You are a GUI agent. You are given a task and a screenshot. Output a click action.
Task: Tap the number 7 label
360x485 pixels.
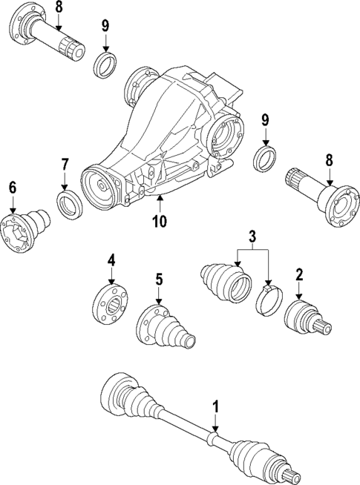(x=65, y=163)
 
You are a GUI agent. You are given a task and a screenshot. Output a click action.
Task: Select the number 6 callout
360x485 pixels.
(x=12, y=188)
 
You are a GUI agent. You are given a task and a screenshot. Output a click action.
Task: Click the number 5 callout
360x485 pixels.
(x=158, y=280)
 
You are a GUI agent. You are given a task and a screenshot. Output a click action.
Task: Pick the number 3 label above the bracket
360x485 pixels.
(x=252, y=237)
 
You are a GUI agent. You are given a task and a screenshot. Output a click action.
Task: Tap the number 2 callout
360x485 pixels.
(x=299, y=275)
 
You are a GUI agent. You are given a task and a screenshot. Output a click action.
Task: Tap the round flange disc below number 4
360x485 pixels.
(x=111, y=305)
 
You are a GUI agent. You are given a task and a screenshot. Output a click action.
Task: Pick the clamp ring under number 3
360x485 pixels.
(x=268, y=303)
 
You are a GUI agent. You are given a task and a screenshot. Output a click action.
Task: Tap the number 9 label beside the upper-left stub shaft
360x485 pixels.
(x=105, y=25)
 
